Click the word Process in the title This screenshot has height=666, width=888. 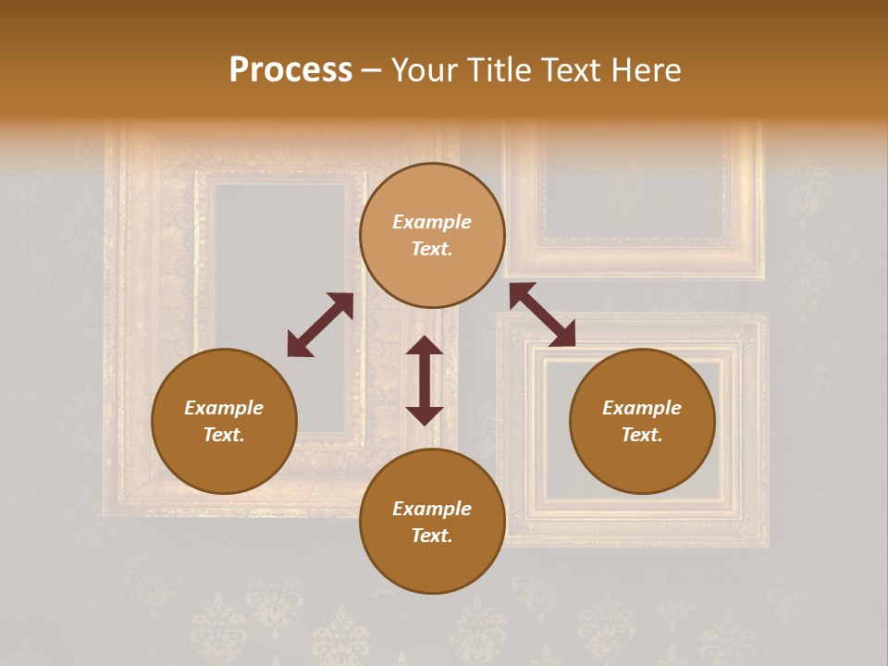pos(290,70)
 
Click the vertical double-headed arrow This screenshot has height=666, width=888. pos(425,380)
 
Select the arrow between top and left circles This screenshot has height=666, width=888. pos(320,325)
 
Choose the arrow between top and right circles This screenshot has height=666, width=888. pos(542,314)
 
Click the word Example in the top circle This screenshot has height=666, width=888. pos(432,222)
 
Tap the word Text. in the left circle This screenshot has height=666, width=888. pos(224,435)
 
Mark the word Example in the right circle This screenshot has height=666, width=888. pos(642,408)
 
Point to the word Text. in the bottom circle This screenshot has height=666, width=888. pos(432,536)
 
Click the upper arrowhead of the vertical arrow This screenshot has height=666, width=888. pos(425,345)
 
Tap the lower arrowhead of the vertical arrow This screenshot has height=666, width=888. pos(425,415)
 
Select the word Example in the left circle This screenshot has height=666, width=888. pos(224,408)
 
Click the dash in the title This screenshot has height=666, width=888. pos(372,70)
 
